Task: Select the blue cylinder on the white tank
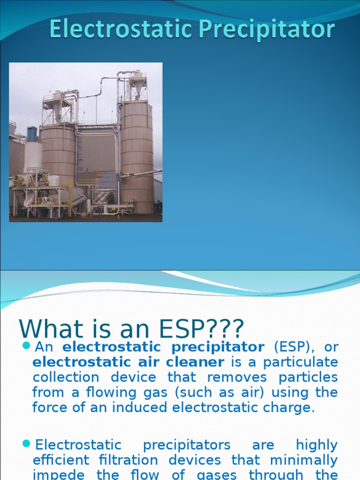click(32, 134)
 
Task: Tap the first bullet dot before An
click(26, 347)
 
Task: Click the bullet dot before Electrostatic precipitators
click(26, 444)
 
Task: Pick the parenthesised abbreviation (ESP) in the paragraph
click(288, 347)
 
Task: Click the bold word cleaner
click(197, 362)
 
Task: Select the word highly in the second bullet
click(316, 444)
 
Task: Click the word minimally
click(304, 459)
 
